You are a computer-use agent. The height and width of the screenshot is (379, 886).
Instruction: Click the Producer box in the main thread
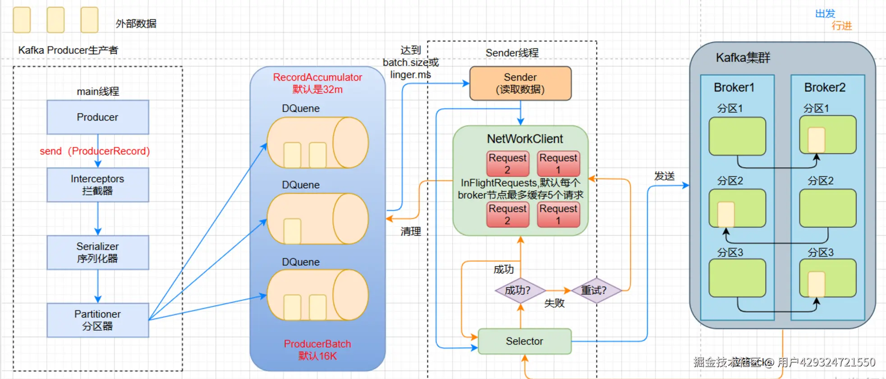[x=97, y=117]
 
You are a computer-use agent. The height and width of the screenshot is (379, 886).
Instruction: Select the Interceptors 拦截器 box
[x=97, y=185]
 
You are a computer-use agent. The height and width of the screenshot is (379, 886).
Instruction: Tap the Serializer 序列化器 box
[x=97, y=253]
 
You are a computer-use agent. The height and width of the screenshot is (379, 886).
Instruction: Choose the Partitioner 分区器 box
[x=97, y=320]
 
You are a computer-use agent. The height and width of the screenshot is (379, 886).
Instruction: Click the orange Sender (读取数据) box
[x=520, y=83]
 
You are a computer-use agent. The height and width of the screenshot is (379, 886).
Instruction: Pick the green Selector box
[x=524, y=341]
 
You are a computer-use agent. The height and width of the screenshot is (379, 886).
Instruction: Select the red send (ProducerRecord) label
[x=95, y=151]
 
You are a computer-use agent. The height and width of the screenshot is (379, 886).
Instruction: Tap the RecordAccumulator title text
[x=317, y=78]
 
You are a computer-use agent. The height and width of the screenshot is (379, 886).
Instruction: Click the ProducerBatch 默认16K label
[x=317, y=350]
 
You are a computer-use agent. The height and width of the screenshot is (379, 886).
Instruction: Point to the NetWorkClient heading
[x=525, y=139]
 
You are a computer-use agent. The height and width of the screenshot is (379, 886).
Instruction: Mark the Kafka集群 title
[x=743, y=58]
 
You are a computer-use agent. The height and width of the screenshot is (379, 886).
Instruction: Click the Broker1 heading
[x=734, y=88]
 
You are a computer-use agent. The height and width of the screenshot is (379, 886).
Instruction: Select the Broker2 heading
[x=825, y=88]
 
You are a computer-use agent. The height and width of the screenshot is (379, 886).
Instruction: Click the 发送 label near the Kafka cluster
[x=665, y=176]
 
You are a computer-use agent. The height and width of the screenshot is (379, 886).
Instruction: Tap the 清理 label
[x=411, y=231]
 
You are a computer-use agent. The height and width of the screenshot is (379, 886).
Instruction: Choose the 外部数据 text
[x=136, y=23]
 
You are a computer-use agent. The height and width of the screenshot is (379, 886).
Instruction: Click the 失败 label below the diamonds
[x=554, y=303]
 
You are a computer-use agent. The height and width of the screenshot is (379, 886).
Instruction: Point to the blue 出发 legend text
[x=825, y=14]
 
